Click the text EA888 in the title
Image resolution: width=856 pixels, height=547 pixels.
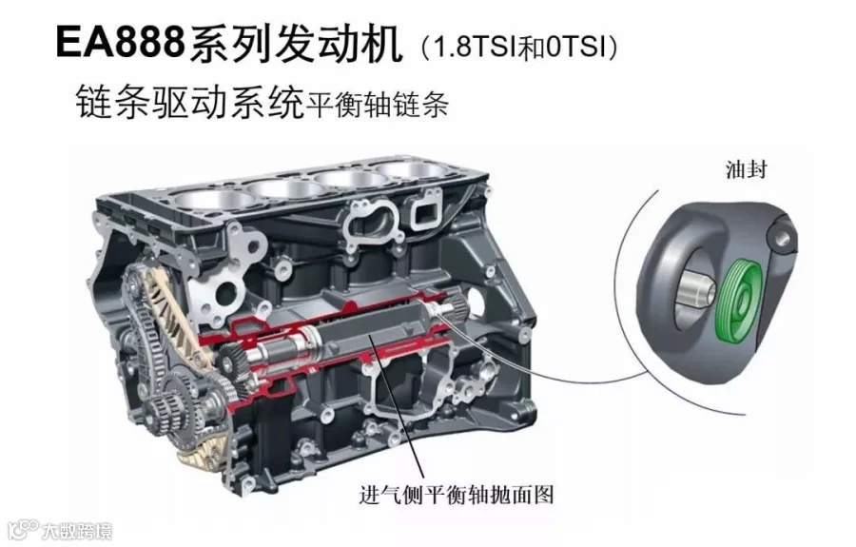120,43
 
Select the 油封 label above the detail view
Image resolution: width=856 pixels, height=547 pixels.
746,169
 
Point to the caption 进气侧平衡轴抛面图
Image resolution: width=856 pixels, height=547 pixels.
457,495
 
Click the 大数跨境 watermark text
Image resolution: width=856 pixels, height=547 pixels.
77,531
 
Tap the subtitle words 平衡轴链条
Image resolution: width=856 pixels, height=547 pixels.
377,104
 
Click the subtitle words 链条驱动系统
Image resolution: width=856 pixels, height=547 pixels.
189,101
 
